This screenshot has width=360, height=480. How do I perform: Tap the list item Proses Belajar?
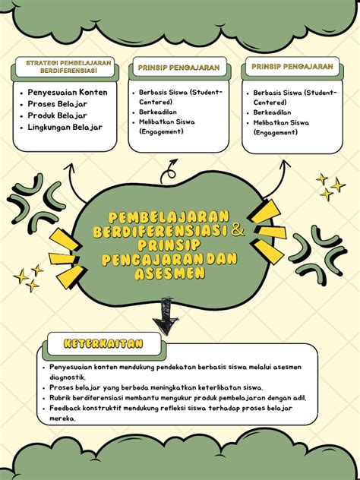coord(58,103)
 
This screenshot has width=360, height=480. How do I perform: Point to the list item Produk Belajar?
coord(58,115)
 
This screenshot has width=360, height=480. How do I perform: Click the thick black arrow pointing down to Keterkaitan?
coord(163,315)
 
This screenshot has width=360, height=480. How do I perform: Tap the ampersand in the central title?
coord(238,229)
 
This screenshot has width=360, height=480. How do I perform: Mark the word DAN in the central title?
coord(221,260)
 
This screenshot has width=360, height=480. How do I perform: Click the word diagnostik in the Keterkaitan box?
coord(67,377)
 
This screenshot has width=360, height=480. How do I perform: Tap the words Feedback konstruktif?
coord(83,408)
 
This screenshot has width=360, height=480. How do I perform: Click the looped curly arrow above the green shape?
coord(172,167)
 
